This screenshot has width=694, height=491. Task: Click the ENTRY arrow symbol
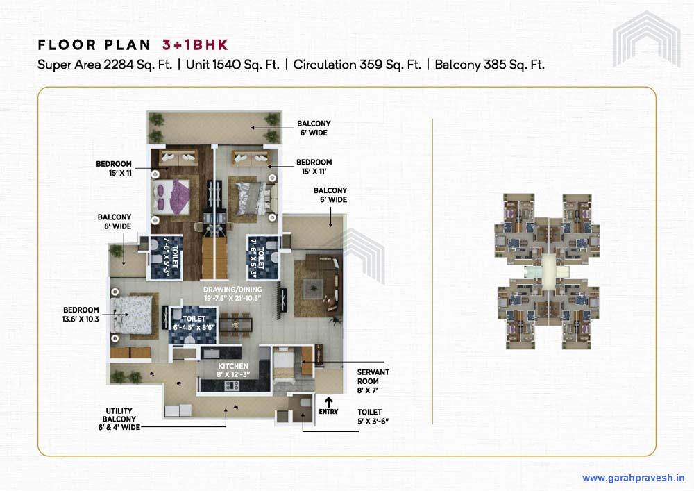point(328,401)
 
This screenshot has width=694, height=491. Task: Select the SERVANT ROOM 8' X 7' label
point(373,381)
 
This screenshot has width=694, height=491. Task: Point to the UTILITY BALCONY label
point(121,419)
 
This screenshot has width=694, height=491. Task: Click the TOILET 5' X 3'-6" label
point(373,416)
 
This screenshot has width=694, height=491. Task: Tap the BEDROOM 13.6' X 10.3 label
point(81,314)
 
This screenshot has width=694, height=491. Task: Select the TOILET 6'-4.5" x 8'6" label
point(194,322)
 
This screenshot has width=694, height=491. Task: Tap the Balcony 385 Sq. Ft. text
point(489,65)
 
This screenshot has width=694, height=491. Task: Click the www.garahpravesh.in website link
point(633,478)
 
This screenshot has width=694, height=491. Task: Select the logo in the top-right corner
point(647,38)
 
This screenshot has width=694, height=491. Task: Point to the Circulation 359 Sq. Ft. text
point(357,65)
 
